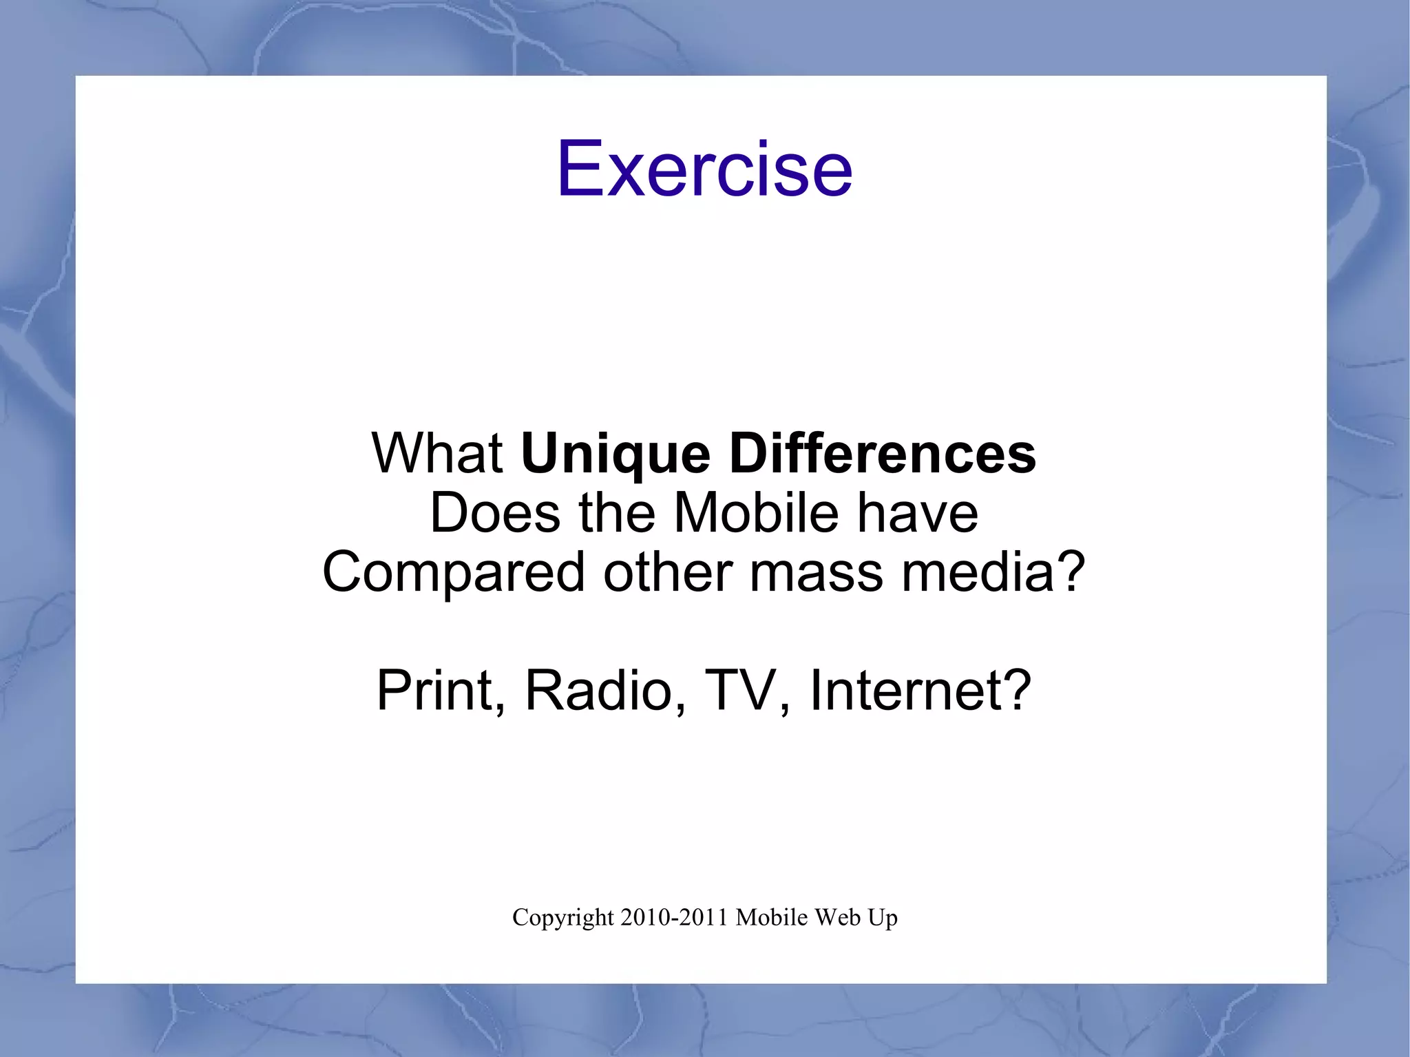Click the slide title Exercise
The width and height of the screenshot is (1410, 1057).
(704, 169)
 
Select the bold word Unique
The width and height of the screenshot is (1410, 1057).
(615, 454)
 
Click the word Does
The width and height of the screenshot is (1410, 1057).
(495, 513)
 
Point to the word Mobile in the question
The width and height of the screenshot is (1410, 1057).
(756, 513)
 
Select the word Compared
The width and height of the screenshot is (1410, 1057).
(453, 573)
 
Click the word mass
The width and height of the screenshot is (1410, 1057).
(815, 573)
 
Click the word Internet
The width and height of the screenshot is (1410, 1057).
(905, 690)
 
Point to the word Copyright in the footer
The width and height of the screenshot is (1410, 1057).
(562, 919)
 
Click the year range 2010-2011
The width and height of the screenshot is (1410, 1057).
(674, 918)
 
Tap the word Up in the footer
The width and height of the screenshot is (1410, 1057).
(881, 919)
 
